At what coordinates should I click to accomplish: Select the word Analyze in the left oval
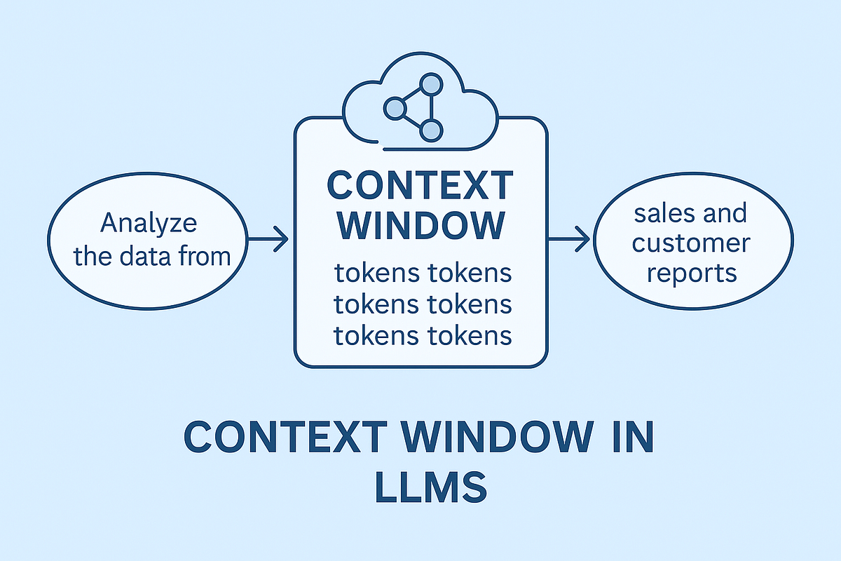pyautogui.click(x=149, y=224)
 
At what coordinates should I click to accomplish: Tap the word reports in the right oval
pyautogui.click(x=692, y=273)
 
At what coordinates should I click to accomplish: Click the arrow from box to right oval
pyautogui.click(x=569, y=241)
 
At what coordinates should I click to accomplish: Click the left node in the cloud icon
pyautogui.click(x=395, y=108)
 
